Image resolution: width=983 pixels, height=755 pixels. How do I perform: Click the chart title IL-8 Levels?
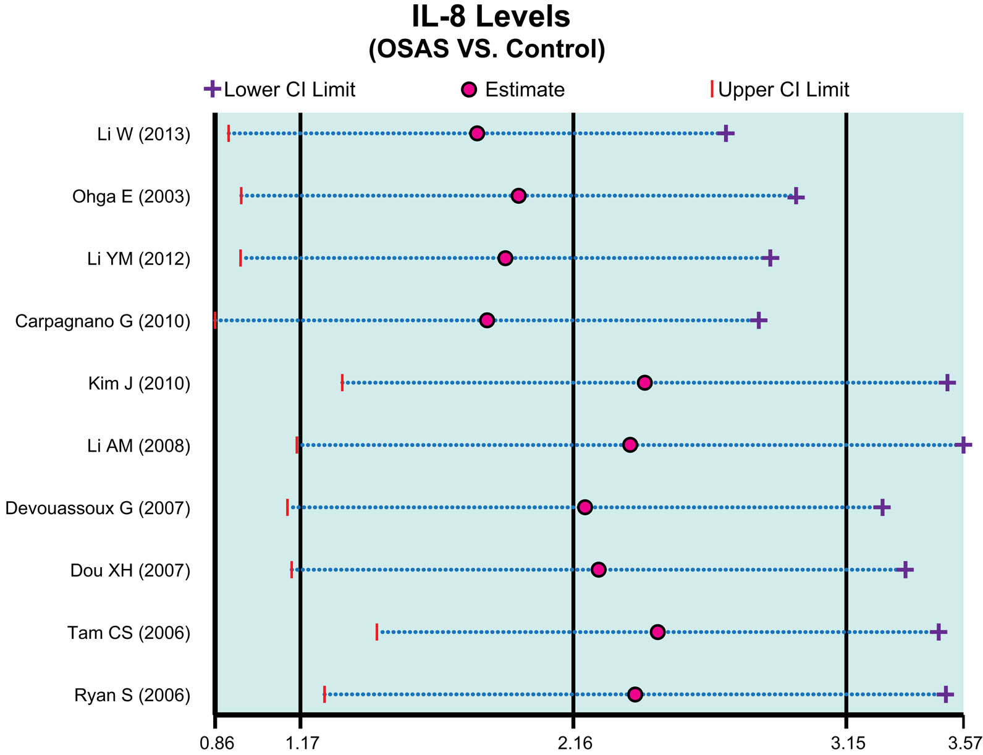pyautogui.click(x=491, y=17)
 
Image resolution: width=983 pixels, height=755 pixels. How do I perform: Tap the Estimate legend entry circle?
pyautogui.click(x=470, y=90)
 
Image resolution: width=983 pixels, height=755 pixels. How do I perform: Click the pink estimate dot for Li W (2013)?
pyautogui.click(x=476, y=133)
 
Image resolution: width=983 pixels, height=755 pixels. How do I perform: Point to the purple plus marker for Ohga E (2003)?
pyautogui.click(x=796, y=196)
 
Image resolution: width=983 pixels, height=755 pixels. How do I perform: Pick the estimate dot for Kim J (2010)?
pyautogui.click(x=644, y=383)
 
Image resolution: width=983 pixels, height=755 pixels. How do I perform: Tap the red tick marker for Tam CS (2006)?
pyautogui.click(x=377, y=632)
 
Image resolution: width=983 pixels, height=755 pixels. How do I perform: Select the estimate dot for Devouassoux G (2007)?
pyautogui.click(x=584, y=507)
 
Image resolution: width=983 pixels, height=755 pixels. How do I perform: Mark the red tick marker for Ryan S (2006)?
pyautogui.click(x=324, y=694)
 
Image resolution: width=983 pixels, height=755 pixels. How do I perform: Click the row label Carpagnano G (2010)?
pyautogui.click(x=103, y=321)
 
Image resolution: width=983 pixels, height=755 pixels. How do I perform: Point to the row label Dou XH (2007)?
pyautogui.click(x=130, y=570)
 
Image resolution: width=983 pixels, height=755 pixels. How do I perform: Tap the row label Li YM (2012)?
pyautogui.click(x=138, y=259)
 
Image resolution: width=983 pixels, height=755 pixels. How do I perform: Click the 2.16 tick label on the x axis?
pyautogui.click(x=575, y=743)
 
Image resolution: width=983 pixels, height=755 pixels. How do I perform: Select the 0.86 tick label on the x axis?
pyautogui.click(x=216, y=743)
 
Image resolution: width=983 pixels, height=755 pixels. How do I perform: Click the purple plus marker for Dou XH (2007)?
pyautogui.click(x=905, y=570)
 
